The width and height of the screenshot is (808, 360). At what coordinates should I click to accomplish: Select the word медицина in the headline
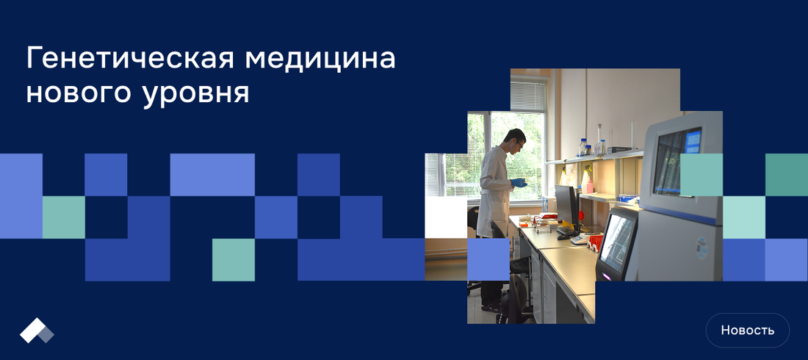(x=320, y=58)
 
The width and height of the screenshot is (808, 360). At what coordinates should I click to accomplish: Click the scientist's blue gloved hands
(x=519, y=183)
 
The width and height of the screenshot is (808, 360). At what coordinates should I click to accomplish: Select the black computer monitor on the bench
(x=566, y=205)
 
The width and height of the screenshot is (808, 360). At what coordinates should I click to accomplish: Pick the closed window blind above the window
(x=527, y=96)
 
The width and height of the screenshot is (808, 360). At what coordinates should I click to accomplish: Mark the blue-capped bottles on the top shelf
(x=585, y=148)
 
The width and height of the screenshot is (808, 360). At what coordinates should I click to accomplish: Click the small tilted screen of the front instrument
(x=616, y=242)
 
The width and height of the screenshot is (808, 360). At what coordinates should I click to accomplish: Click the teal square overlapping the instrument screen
(x=701, y=175)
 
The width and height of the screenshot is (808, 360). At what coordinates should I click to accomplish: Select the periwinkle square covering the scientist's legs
(x=488, y=259)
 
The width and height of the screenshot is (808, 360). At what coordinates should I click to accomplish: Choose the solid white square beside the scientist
(x=446, y=217)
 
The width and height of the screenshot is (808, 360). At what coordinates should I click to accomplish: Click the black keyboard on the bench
(x=568, y=231)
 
